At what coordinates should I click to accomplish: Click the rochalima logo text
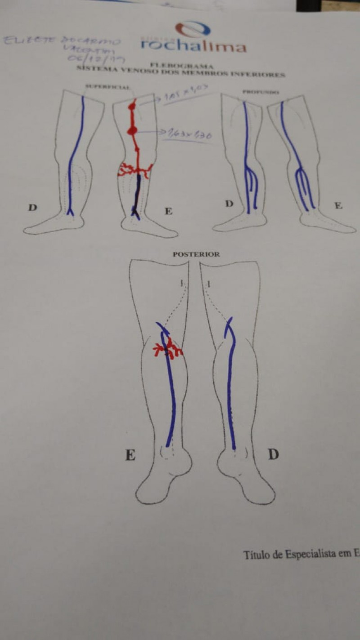pos(193,45)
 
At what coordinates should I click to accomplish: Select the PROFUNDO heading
pos(261,92)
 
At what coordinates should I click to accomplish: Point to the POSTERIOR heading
pos(196,254)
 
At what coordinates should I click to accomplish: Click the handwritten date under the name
pos(97,58)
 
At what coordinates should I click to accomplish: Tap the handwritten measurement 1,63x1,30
pos(191,134)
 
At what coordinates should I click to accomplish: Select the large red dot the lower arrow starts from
pos(132,131)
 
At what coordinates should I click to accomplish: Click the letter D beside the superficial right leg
pos(32,207)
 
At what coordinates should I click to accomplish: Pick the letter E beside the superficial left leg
pos(168,211)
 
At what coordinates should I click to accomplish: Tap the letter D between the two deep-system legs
pos(229,204)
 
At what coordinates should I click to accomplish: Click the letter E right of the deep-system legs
pos(338,206)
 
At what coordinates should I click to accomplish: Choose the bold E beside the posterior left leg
pos(130,455)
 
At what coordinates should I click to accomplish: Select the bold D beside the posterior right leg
pos(273,455)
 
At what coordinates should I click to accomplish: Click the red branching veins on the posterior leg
pos(167,348)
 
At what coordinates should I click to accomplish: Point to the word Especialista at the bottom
pos(315,554)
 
